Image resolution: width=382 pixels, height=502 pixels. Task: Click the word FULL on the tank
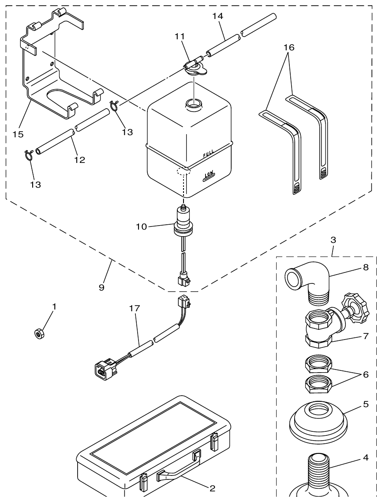click(209, 154)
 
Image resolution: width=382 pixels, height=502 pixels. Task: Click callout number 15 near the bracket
click(18, 134)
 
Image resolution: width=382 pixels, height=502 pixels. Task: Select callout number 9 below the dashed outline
click(101, 287)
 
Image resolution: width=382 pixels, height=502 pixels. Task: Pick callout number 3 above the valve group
click(333, 240)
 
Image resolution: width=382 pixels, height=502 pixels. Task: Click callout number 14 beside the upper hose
click(217, 16)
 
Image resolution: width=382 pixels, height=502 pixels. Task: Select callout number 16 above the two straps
click(289, 47)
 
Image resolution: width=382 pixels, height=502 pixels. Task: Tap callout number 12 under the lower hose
click(79, 160)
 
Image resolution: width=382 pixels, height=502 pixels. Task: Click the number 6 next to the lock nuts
click(365, 374)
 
